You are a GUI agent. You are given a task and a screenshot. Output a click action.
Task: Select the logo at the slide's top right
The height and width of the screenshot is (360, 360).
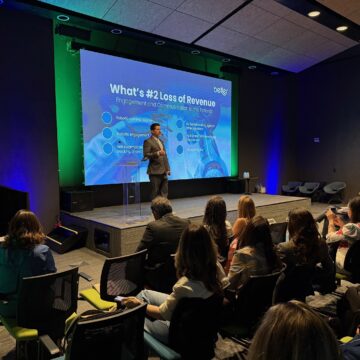pos(221,90)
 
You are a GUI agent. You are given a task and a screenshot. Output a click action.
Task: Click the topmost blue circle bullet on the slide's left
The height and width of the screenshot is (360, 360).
pos(106,117)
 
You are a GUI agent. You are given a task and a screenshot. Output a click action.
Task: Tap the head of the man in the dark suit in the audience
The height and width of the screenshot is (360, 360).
pos(161,207)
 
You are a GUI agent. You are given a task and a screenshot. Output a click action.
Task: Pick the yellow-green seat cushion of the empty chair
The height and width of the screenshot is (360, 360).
pos(97,299)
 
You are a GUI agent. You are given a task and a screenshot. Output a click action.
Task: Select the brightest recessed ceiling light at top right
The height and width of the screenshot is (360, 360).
pos(314,13)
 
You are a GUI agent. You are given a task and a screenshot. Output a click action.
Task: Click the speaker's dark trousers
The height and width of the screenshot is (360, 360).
pos(158,184)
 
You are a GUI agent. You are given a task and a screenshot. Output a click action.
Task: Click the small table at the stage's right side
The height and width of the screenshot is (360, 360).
pos(242,186)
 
